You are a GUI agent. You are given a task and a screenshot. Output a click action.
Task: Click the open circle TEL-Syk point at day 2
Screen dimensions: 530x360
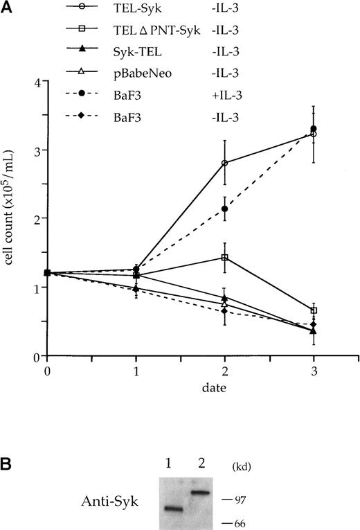[x=224, y=163]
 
